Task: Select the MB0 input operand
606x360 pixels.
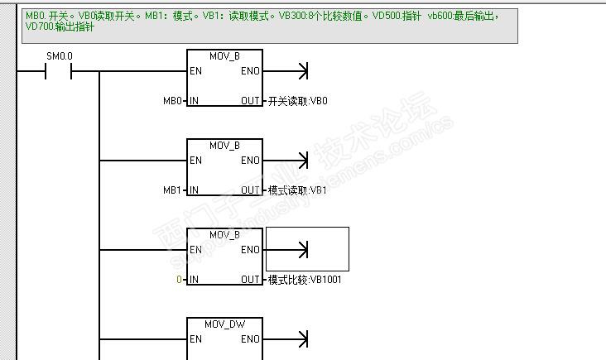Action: (171, 101)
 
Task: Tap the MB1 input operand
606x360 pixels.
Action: (171, 190)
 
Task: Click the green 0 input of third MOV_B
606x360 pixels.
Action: (179, 280)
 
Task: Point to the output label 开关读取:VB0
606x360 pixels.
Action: (298, 101)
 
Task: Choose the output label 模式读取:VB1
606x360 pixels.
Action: (298, 190)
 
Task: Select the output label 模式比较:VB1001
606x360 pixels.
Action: (305, 280)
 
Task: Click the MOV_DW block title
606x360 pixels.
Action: (224, 324)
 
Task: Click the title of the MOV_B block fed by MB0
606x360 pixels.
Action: (224, 56)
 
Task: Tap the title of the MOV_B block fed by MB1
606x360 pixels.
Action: (224, 146)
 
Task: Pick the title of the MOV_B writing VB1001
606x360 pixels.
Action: (224, 235)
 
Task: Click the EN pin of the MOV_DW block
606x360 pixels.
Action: (195, 339)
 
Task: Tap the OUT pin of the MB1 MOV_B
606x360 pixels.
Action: (250, 190)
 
